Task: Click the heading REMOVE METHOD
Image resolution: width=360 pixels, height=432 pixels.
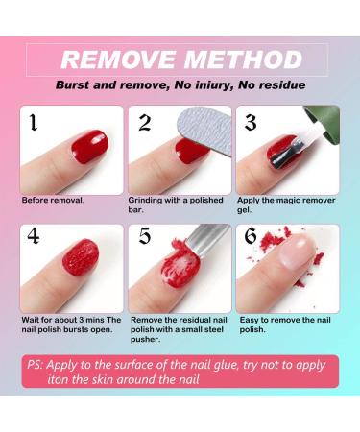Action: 180,60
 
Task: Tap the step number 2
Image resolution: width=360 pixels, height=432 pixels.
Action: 144,122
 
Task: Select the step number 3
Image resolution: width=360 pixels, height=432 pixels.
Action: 250,122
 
